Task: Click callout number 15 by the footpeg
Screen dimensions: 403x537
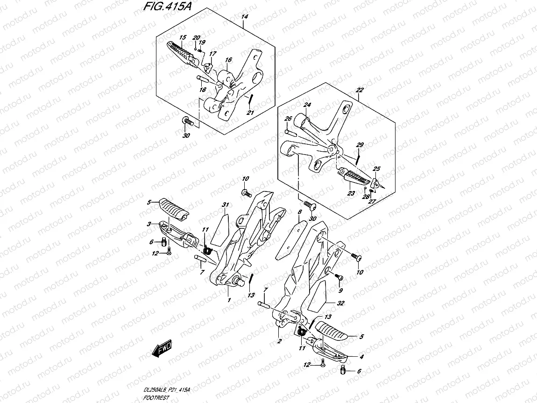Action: tap(182, 37)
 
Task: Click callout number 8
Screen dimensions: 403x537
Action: tap(299, 212)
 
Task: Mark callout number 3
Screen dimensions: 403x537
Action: tap(148, 224)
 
